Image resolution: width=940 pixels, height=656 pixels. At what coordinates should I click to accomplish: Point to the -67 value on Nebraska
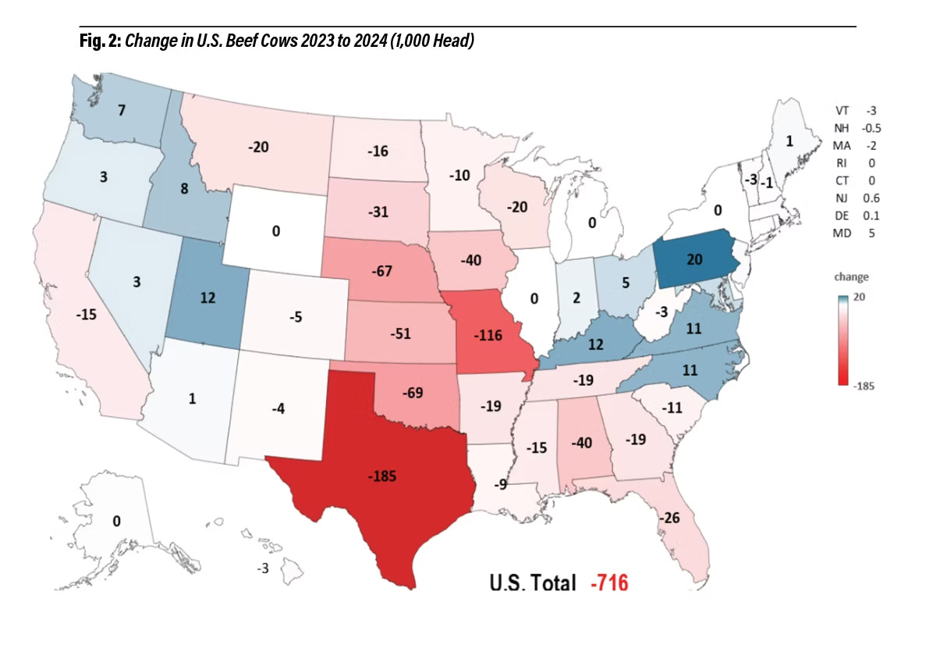[384, 273]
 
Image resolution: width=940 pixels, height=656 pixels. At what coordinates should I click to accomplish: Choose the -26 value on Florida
[670, 518]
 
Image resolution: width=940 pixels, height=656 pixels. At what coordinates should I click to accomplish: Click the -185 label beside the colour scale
[862, 385]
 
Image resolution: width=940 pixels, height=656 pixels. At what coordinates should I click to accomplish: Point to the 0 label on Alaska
[116, 522]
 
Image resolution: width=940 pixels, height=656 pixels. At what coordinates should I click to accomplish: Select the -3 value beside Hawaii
[262, 569]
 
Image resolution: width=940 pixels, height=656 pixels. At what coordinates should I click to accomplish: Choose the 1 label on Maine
[789, 141]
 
